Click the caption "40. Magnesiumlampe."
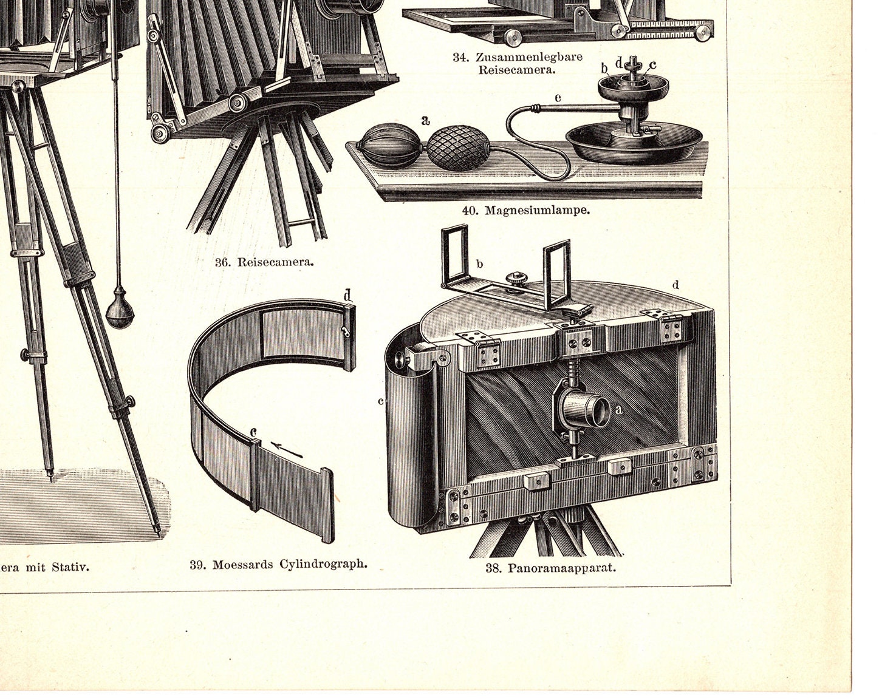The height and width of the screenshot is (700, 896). coord(525,211)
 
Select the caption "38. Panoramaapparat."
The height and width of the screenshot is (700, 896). coord(550,569)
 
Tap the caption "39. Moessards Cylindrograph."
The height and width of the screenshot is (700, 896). coord(278,564)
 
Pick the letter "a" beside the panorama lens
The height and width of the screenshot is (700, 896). coord(619,409)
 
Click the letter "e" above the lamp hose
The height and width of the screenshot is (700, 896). coord(558,97)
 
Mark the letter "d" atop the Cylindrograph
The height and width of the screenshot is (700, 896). coord(347,295)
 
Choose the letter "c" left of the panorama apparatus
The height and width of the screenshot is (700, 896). coord(380,401)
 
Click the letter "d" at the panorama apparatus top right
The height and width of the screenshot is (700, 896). coord(675,285)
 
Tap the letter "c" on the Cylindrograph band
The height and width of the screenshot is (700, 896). coord(254,432)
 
